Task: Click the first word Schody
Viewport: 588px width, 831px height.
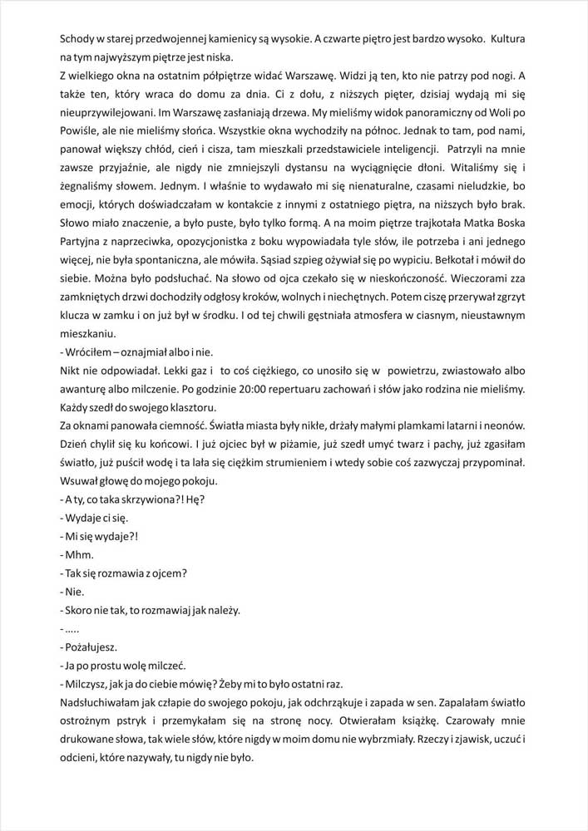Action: click(x=80, y=39)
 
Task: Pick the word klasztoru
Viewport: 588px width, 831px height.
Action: click(x=188, y=406)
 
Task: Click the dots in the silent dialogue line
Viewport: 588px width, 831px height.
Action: click(x=73, y=627)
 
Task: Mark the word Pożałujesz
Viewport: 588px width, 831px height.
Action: click(x=92, y=646)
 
